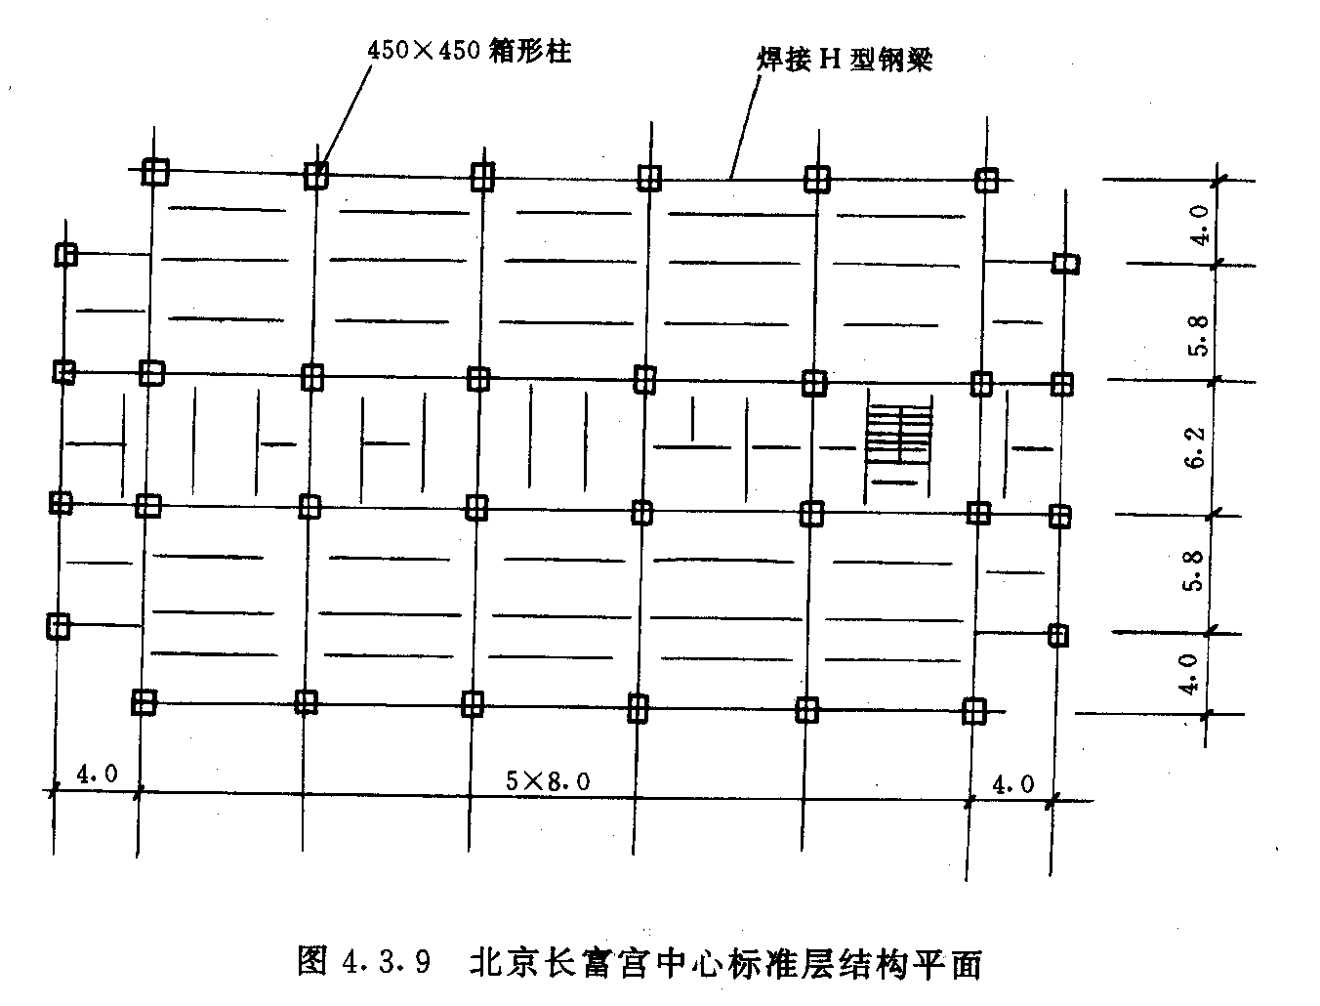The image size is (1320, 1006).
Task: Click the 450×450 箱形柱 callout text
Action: pos(469,51)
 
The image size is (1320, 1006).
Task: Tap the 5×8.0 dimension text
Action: pos(548,781)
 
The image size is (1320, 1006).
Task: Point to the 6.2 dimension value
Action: pos(1196,447)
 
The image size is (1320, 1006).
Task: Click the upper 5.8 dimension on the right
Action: pos(1198,335)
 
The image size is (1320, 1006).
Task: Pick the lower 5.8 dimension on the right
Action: pos(1193,570)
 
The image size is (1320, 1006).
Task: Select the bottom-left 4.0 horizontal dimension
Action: pos(97,774)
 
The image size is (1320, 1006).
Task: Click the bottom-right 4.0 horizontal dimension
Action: pos(1012,784)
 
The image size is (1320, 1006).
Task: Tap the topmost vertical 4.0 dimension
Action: pos(1200,225)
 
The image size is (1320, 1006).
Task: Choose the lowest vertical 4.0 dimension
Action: pos(1188,674)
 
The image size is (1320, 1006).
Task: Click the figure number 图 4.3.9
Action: pos(364,961)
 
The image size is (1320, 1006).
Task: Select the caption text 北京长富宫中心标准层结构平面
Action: pos(725,963)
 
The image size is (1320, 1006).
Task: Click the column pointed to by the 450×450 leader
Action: pos(315,176)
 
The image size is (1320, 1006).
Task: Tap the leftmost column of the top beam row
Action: pos(155,172)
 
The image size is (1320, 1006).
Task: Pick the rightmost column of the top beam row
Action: pos(986,180)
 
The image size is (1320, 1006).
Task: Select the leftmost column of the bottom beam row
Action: pos(144,701)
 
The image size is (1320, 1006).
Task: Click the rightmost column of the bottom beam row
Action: pos(974,711)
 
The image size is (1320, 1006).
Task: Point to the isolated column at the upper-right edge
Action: pos(1065,264)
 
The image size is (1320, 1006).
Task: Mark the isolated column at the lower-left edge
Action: pos(59,627)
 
